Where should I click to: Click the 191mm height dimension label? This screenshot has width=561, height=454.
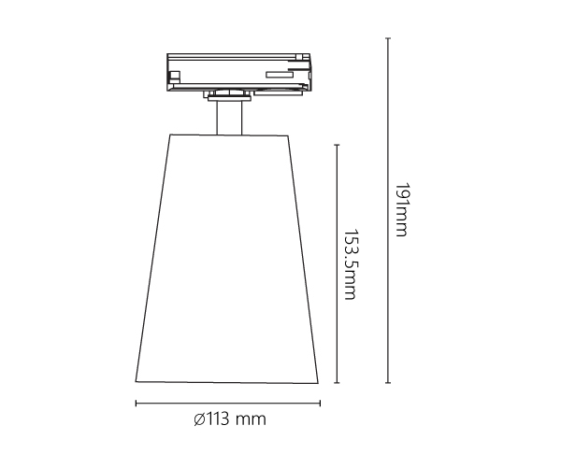click(401, 210)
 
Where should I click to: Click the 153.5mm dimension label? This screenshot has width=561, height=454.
click(350, 264)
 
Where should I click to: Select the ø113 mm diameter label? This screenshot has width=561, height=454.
click(230, 419)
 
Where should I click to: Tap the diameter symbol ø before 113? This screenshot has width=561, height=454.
click(199, 419)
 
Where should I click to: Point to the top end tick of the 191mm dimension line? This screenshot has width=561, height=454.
click(388, 38)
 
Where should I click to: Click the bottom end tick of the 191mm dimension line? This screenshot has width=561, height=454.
click(388, 383)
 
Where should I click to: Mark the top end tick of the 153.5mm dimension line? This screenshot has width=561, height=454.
click(337, 145)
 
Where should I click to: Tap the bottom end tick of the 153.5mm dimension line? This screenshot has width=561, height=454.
click(337, 383)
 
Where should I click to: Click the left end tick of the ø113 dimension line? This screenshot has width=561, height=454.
click(136, 404)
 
